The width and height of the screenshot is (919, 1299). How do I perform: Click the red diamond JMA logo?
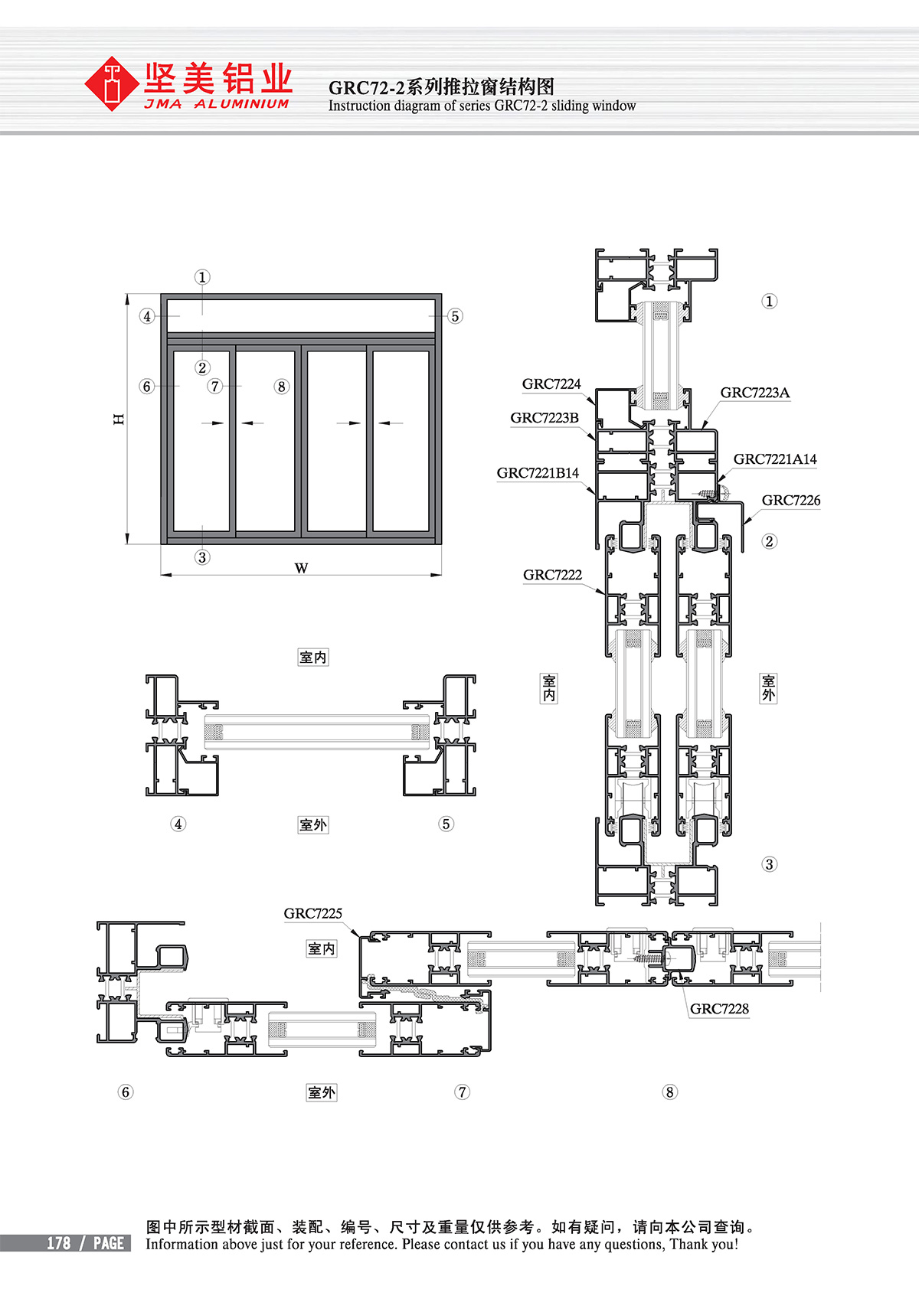click(112, 83)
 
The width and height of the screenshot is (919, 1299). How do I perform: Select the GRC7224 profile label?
click(551, 384)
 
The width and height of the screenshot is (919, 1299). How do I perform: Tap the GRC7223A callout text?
click(755, 393)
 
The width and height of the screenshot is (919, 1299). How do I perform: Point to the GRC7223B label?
click(545, 418)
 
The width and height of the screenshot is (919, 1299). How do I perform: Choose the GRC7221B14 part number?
click(538, 473)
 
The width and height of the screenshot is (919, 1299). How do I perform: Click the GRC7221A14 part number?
click(775, 459)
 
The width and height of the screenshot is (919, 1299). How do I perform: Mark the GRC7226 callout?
click(791, 501)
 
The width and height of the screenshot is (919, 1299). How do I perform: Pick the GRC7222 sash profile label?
click(552, 576)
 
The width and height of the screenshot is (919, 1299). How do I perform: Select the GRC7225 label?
click(312, 913)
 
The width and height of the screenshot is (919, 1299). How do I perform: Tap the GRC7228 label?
click(719, 1009)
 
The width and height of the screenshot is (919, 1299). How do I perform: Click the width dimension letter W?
click(301, 568)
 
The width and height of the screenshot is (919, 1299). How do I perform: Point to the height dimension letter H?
click(119, 419)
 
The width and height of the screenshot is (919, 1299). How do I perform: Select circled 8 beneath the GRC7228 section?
click(669, 1092)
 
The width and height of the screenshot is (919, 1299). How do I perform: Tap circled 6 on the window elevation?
click(147, 387)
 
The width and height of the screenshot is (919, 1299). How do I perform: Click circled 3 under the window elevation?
click(202, 557)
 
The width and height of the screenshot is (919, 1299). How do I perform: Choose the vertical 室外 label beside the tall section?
click(768, 688)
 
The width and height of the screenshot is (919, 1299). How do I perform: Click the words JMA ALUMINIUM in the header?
click(217, 104)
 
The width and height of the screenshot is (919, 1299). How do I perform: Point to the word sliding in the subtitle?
click(570, 106)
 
